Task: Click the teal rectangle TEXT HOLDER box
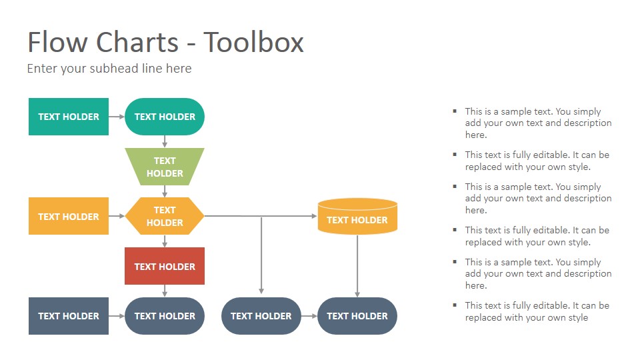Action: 69,116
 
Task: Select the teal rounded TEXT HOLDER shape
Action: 165,116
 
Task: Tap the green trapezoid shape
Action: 165,167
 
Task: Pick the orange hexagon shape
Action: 165,216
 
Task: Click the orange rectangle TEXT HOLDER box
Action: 69,216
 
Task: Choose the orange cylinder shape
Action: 357,216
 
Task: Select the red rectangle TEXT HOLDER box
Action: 165,266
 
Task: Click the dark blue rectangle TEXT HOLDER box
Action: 69,316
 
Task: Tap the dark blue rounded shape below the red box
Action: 165,316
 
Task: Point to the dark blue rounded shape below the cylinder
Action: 357,316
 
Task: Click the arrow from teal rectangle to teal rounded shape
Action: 117,116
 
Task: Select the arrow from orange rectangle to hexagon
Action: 117,216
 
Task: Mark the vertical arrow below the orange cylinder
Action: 357,266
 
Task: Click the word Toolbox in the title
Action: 253,42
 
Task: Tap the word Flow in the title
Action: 57,42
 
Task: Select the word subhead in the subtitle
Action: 114,68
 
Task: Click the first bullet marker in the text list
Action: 455,111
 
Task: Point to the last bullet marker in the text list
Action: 455,305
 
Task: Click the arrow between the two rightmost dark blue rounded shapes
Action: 309,316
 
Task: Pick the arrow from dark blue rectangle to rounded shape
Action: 117,316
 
